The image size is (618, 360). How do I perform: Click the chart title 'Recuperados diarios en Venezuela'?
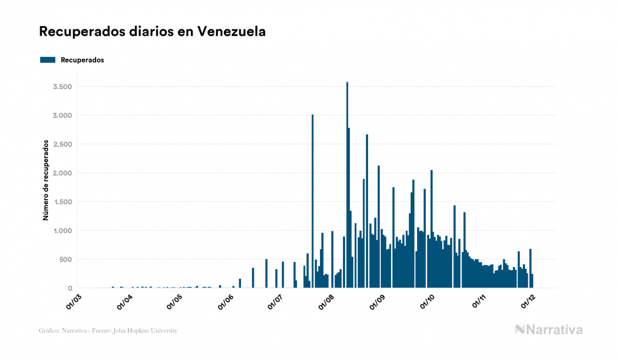152,32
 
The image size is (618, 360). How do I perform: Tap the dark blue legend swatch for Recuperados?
48,60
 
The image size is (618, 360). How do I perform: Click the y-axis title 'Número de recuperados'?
46,180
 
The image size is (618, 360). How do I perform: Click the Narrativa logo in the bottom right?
549,330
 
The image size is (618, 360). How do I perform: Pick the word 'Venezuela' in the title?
231,32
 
